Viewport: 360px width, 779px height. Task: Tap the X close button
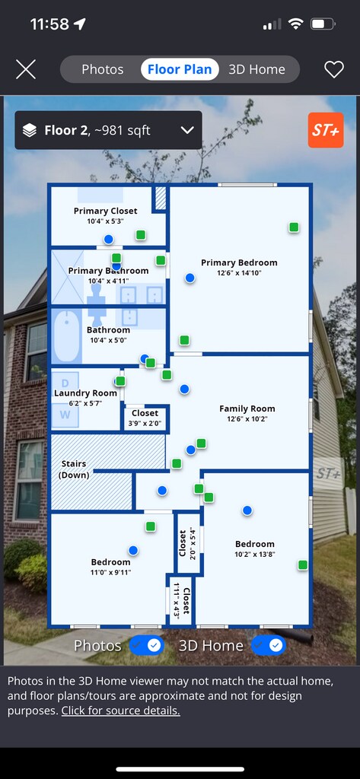26,69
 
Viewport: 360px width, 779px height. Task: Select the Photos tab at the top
103,69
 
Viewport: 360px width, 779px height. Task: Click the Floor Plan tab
180,69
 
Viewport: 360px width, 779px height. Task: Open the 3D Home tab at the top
256,69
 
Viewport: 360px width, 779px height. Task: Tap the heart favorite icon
334,69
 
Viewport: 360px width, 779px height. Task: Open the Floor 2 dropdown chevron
187,131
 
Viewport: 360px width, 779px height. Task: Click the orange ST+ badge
326,130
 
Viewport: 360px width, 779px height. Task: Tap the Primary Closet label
106,211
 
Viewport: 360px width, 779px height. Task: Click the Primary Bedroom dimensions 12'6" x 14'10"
239,273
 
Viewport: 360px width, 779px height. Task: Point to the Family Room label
247,409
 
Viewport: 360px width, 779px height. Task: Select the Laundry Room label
85,393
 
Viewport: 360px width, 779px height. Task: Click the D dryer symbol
65,383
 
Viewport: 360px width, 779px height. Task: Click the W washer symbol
65,415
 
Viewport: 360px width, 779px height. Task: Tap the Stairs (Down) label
74,469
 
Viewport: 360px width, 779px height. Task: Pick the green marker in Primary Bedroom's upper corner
294,227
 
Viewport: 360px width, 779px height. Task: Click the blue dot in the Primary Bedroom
190,278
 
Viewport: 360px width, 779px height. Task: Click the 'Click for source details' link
121,711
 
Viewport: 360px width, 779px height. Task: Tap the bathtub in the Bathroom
67,335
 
